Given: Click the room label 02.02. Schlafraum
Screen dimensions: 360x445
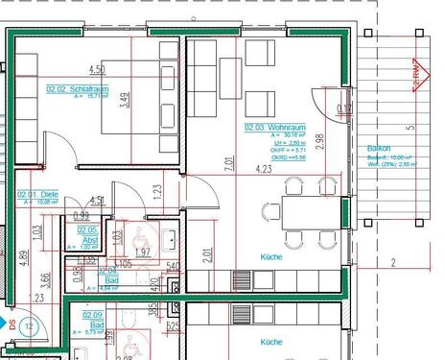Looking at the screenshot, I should tap(77, 89).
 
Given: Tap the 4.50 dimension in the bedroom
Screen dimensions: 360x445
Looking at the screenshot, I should tap(96, 69).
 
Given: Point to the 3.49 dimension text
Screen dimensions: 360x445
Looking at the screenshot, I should tap(124, 102).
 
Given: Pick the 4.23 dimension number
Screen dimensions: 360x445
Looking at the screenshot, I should tap(263, 170).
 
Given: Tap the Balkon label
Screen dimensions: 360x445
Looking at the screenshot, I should tap(378, 149).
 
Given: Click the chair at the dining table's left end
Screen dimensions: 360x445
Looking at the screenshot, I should tap(269, 211).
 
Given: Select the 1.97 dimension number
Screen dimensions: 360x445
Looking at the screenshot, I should tap(143, 252).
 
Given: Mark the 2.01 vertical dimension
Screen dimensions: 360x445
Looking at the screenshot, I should tap(207, 255).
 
